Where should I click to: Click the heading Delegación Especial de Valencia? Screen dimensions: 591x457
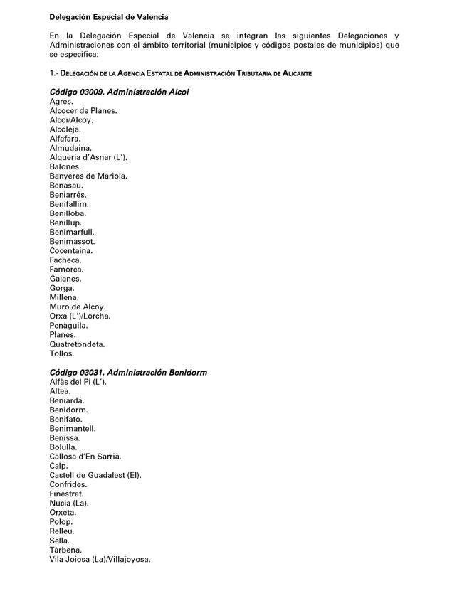point(109,16)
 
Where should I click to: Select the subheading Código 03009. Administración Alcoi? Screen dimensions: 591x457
point(119,92)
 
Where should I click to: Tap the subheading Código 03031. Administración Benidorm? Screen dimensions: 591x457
point(128,373)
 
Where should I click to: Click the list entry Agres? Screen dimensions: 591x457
point(61,102)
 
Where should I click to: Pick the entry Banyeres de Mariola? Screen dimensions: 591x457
point(88,176)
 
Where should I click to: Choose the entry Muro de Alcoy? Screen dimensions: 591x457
point(77,307)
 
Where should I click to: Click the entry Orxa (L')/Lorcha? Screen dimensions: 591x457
point(80,316)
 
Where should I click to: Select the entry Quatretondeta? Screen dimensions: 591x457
point(77,344)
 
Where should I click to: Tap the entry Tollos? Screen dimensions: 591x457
point(62,353)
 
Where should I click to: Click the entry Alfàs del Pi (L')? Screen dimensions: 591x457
point(78,382)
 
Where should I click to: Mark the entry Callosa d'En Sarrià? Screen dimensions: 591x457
point(85,457)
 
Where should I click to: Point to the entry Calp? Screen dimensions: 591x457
point(58,466)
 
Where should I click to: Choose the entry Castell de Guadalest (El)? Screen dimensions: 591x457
point(95,475)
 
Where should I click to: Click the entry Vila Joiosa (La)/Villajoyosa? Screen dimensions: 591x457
point(100,559)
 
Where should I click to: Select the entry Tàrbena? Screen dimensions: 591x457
point(65,550)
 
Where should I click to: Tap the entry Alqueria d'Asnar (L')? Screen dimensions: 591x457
point(88,157)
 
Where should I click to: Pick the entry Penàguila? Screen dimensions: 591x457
point(70,325)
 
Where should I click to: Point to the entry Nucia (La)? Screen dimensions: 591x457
point(69,503)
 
